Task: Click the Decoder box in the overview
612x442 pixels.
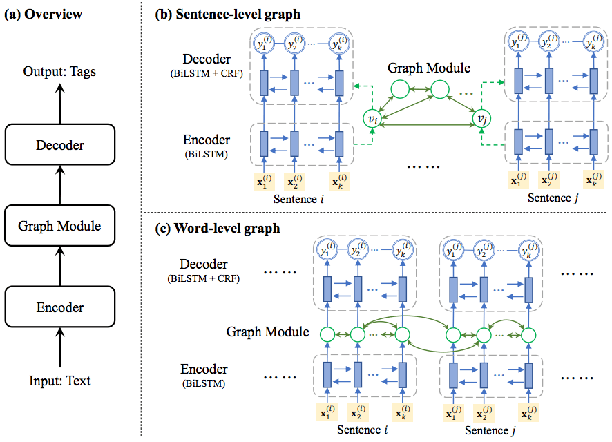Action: [x=59, y=145]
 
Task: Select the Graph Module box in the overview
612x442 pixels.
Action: [x=59, y=226]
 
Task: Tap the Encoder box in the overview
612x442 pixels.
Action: [x=59, y=307]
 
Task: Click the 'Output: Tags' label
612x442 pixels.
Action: [x=59, y=70]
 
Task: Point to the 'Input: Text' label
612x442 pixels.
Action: [x=59, y=381]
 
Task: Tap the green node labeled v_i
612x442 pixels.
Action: [x=372, y=119]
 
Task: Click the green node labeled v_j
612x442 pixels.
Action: [x=484, y=119]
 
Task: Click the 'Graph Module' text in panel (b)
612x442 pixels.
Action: [x=428, y=68]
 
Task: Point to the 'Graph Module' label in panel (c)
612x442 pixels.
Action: [x=267, y=332]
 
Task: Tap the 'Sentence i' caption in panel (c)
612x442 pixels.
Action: [x=362, y=430]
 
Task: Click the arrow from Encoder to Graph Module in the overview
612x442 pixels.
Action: [x=59, y=265]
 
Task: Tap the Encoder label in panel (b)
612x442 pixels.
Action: [x=204, y=141]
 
